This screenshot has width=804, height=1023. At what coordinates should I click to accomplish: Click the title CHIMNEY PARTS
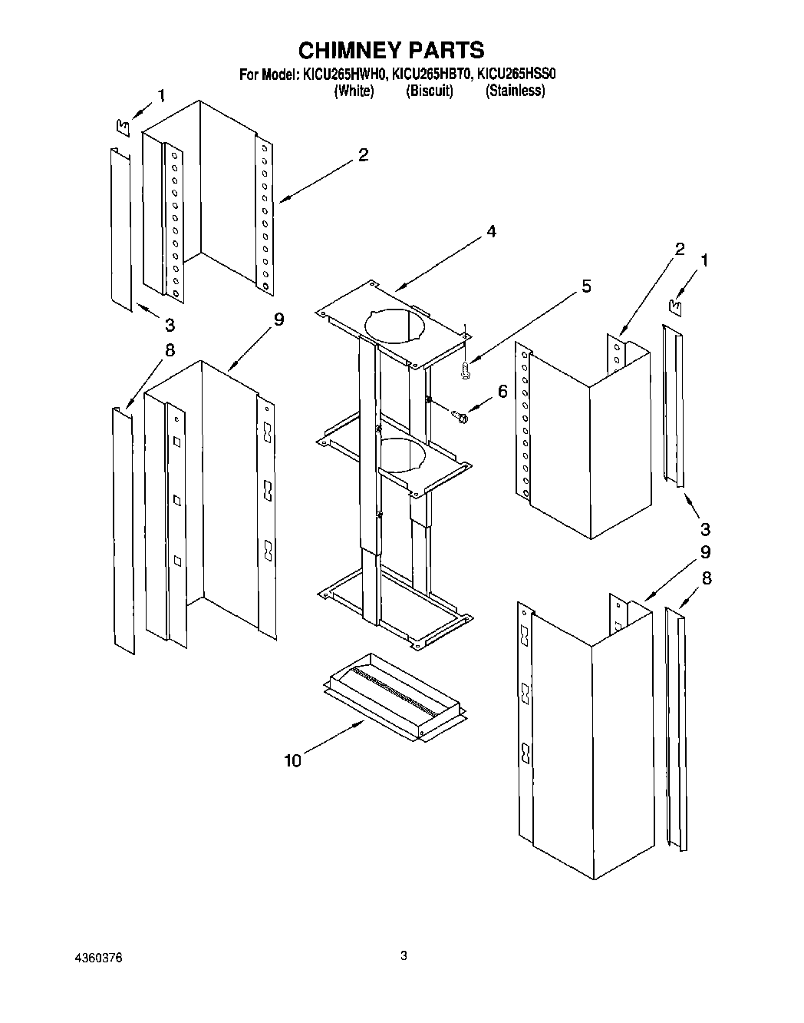tap(390, 50)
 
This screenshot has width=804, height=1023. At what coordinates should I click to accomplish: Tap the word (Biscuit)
tap(429, 91)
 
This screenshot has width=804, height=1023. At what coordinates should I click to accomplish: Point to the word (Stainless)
tap(515, 91)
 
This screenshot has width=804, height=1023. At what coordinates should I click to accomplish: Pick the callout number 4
tap(491, 231)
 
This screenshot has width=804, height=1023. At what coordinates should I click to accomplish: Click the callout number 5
tap(586, 286)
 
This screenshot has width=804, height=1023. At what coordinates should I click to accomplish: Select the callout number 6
tap(502, 391)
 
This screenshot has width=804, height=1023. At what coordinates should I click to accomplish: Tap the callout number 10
tap(292, 760)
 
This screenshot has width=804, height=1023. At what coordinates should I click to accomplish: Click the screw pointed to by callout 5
tap(465, 370)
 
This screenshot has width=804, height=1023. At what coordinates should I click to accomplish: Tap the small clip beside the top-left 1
tap(122, 124)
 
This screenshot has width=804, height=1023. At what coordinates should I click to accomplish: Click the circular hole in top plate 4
tap(394, 323)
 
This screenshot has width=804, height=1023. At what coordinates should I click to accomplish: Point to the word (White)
tap(354, 91)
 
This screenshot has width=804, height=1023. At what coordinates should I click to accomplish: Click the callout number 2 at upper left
tap(363, 155)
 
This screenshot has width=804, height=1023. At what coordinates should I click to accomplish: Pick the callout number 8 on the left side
tap(170, 350)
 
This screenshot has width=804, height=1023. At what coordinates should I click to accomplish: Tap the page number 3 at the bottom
tap(404, 956)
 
